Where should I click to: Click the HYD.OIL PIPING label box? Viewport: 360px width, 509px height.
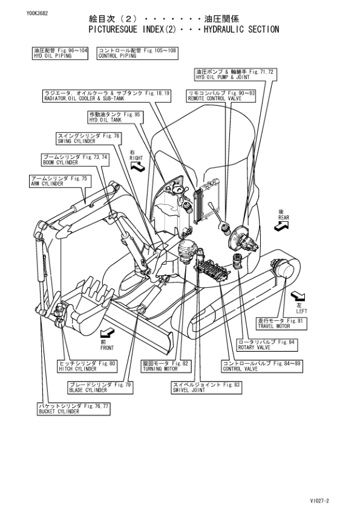60,53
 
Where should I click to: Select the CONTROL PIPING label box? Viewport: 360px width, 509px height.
137,53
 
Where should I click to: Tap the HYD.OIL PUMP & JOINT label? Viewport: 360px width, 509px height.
234,74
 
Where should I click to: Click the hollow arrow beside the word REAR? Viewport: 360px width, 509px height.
281,225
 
